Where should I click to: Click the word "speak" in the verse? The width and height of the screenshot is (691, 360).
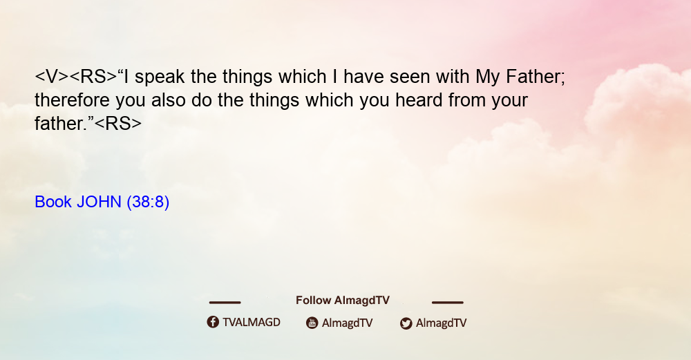point(160,77)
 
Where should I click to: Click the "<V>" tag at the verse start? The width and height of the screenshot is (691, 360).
point(52,77)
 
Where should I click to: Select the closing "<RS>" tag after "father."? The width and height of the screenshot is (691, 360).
point(118,124)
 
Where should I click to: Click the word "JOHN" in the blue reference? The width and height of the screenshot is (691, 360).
point(99,202)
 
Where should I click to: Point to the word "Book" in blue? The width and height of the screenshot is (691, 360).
point(53,202)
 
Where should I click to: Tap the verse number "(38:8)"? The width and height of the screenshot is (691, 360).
point(148,202)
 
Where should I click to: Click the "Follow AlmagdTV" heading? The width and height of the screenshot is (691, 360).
point(343,301)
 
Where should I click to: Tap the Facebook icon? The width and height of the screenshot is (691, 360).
point(213,322)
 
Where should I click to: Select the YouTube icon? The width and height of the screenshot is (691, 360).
point(312,323)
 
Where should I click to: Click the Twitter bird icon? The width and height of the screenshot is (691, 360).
point(406,323)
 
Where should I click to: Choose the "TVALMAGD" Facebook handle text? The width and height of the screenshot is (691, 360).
point(252,323)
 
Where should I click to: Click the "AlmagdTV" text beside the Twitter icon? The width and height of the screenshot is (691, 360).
point(441,323)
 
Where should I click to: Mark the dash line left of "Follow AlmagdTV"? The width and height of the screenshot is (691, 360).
point(225,302)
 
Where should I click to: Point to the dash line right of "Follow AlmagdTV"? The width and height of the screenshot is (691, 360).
point(448,302)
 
